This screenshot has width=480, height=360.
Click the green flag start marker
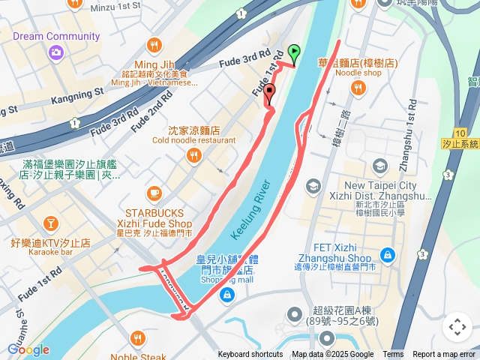294,53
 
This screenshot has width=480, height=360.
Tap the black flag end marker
268,91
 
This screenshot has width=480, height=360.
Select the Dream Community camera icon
54,52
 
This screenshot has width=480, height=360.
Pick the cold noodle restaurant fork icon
194,155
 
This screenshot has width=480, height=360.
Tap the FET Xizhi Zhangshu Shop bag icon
387,255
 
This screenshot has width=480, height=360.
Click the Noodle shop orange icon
358,88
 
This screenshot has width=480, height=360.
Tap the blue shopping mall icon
226,297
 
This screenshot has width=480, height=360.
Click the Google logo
28,349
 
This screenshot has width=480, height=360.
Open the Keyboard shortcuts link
250,355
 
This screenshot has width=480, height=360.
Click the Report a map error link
444,355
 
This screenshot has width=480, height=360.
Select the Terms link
393,355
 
